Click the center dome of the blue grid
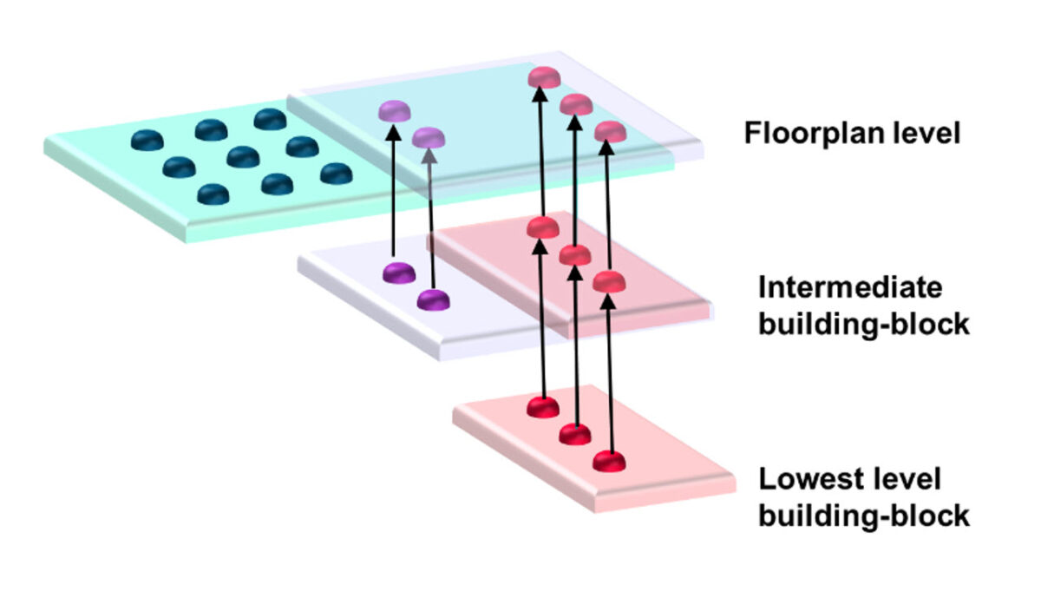tap(242, 157)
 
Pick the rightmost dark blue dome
tap(336, 174)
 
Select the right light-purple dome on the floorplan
tap(429, 137)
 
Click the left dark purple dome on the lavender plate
tap(398, 273)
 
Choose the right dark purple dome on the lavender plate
tap(433, 300)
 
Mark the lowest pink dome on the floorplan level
tap(610, 132)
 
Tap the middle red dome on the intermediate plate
tap(575, 255)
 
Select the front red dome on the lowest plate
tap(610, 460)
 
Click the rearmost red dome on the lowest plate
tap(544, 406)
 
